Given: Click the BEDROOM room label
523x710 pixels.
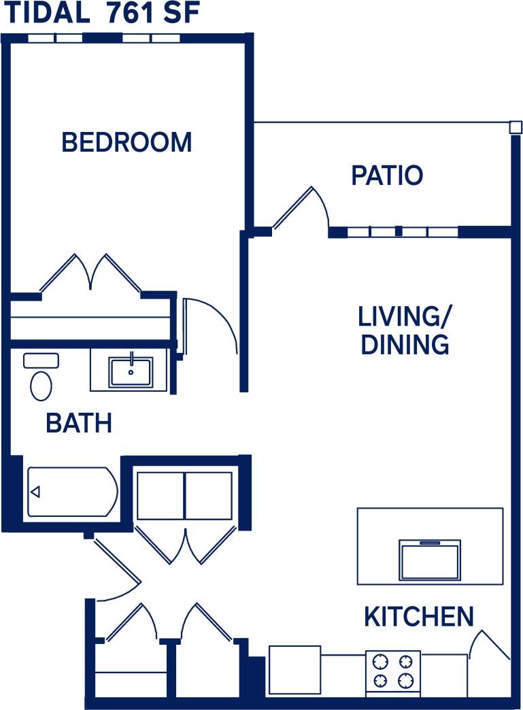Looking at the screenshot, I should point(126,142).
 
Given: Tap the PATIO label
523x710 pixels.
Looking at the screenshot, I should point(387,175).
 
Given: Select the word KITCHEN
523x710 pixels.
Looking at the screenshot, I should point(418,617).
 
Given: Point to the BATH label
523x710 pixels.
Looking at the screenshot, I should point(79,423).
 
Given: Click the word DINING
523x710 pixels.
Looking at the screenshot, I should point(405,345).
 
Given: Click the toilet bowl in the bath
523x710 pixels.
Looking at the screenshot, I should point(41,386).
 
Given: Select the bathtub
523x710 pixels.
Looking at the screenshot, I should point(71,492).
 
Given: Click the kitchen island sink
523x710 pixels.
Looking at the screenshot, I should point(430,560).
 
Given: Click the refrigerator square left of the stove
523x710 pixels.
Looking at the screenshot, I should point(294,669).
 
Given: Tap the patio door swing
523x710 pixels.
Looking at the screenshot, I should point(299,207).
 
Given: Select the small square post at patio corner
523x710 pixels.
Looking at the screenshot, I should point(516,127).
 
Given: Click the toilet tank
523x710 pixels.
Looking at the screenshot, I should point(41,360).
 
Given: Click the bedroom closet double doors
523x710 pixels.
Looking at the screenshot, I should point(90,273).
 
